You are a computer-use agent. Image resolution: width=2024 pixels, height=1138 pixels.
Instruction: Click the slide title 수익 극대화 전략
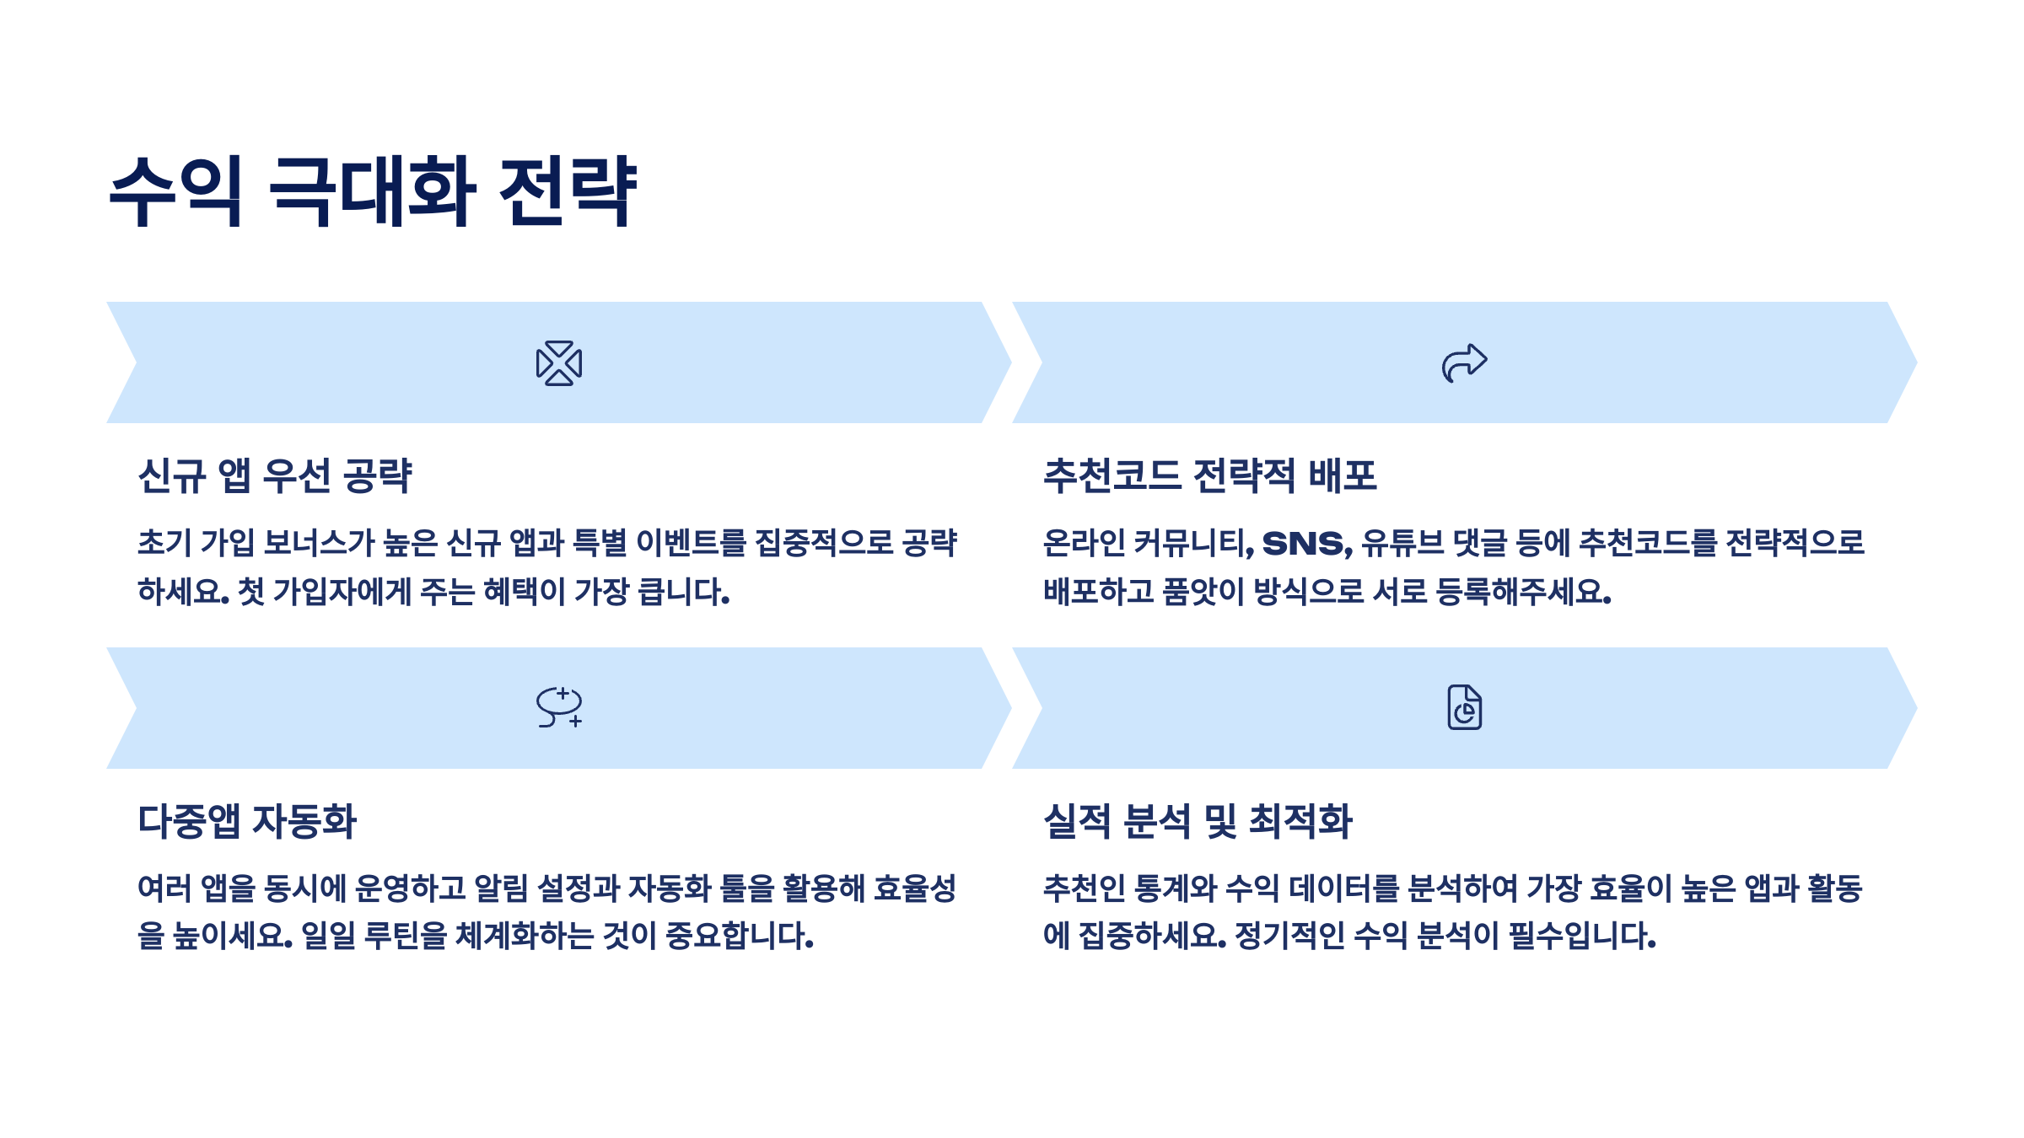[x=373, y=191]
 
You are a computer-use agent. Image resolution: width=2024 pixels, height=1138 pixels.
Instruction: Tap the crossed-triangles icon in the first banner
[x=559, y=363]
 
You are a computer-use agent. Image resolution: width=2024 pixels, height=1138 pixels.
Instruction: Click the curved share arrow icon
[x=1464, y=363]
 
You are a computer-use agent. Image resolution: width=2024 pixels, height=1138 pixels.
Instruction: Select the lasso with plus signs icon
[x=559, y=707]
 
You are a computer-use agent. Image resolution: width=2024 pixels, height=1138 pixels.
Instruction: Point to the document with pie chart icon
[x=1465, y=707]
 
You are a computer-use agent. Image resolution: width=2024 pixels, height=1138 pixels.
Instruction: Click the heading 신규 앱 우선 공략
[x=275, y=476]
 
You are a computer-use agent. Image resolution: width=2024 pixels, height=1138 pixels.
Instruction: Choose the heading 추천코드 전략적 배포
[x=1209, y=476]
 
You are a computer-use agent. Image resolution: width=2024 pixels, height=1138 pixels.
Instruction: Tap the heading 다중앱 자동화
[x=247, y=821]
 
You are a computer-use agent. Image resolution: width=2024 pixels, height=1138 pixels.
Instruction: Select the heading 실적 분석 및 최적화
[x=1198, y=821]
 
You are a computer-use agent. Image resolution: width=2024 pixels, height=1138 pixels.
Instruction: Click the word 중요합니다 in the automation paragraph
[x=739, y=936]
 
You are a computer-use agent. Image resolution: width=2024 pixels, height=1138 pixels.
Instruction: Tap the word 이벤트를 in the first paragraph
[x=691, y=544]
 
